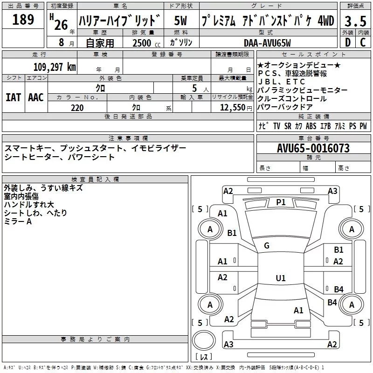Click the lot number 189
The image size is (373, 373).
tap(23, 20)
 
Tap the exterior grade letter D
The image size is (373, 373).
tap(348, 42)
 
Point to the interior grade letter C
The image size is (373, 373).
tap(363, 42)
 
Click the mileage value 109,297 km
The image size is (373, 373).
tap(55, 67)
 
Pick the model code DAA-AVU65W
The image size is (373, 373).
tap(267, 43)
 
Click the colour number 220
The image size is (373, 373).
tap(77, 108)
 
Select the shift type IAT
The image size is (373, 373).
tap(13, 97)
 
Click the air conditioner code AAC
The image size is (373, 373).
tap(35, 97)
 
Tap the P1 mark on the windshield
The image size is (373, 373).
tap(281, 202)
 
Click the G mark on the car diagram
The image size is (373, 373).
tap(267, 246)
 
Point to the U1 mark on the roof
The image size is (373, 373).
tap(280, 278)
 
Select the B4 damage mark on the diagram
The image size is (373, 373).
tap(338, 289)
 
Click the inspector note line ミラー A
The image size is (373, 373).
tap(18, 221)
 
